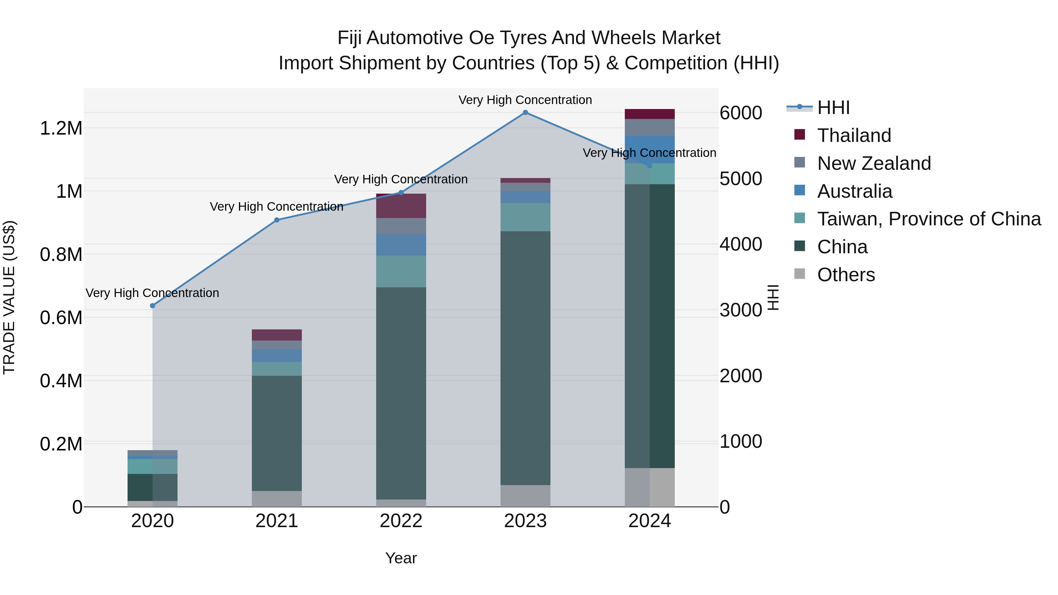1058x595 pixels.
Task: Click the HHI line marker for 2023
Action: coord(525,113)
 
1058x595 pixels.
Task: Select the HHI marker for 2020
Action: coord(152,306)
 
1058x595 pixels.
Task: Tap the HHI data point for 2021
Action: coord(277,220)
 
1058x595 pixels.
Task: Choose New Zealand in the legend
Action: coord(874,163)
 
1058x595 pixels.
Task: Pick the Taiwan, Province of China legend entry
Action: coord(929,219)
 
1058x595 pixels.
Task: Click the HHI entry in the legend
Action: coord(833,108)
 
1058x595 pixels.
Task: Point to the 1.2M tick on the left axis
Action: coord(61,128)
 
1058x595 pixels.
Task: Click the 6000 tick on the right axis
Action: coord(741,113)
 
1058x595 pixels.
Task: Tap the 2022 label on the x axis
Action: coord(401,521)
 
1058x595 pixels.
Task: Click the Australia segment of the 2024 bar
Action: coord(649,150)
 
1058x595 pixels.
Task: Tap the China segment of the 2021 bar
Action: coord(277,433)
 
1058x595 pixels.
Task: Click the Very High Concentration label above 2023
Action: coord(525,100)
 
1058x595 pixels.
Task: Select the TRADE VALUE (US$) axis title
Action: coord(9,297)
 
